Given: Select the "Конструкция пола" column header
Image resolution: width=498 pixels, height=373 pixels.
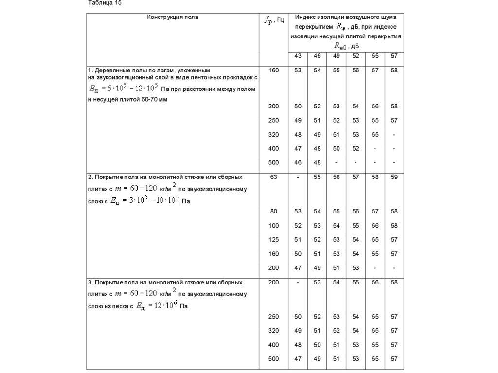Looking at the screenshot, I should click(x=173, y=17).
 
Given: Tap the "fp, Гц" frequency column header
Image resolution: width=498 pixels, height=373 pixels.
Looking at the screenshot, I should click(x=273, y=20).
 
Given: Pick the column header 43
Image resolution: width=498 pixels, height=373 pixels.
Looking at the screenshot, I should click(x=298, y=56).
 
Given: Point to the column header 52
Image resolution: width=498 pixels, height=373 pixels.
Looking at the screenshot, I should click(x=356, y=56).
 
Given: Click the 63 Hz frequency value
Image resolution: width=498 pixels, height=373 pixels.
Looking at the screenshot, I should click(x=273, y=177).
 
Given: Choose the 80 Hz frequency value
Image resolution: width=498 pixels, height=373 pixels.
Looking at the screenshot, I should click(x=273, y=211).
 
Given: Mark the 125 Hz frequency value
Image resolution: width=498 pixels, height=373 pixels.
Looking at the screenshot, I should click(x=273, y=239).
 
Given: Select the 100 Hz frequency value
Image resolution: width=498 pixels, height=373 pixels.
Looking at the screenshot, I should click(x=273, y=225).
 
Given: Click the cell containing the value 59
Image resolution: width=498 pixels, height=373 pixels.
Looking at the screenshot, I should click(x=394, y=177).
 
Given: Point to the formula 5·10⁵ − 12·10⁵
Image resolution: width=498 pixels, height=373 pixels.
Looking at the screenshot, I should click(x=124, y=89).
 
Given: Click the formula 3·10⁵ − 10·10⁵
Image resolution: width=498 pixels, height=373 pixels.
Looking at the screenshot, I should click(x=144, y=200).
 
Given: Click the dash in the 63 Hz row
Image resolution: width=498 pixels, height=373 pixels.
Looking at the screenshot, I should click(x=298, y=177).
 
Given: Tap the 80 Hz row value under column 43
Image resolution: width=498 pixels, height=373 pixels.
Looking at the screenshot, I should click(x=298, y=211).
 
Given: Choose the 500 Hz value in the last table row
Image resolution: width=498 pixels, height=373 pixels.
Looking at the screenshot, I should click(x=273, y=359).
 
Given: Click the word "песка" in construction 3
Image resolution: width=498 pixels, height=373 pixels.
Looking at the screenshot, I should click(x=121, y=307).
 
